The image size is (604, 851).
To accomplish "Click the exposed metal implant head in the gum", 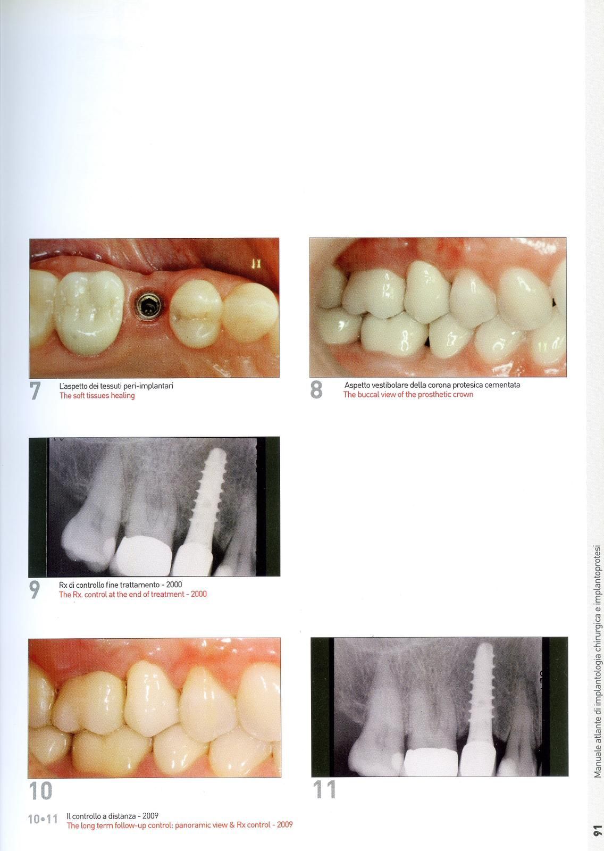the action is point(149,304).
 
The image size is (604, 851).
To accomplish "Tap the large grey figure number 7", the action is point(35,390).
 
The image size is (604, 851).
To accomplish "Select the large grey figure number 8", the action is point(316,390).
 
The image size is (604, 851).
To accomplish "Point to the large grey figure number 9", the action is point(34,590).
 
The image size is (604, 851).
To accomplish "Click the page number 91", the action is point(598,836).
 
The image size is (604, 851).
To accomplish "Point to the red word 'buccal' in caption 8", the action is point(368,394).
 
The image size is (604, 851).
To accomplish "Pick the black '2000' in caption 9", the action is point(174,585).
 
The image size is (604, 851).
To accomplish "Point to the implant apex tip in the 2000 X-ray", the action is point(217,450).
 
